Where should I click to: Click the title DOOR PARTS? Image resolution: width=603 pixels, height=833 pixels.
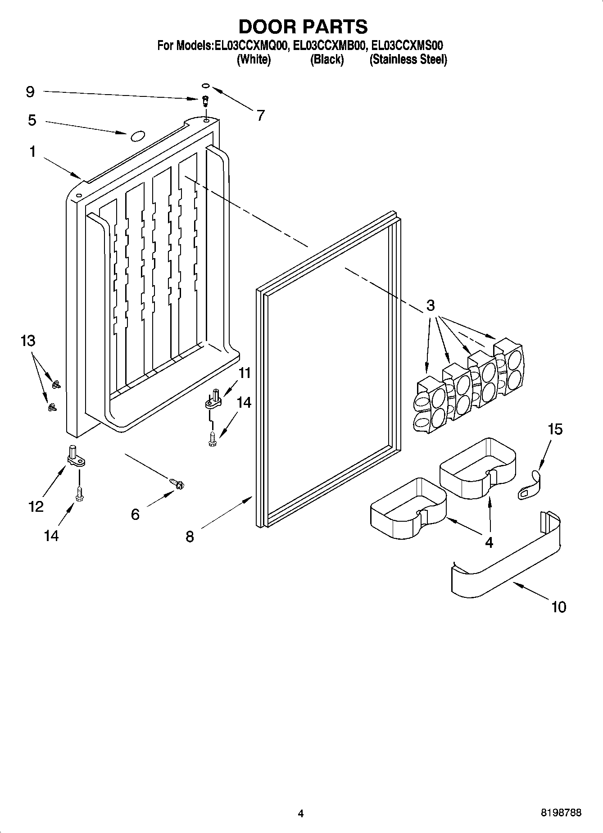(303, 27)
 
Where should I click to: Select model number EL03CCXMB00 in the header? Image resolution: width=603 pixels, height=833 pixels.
(328, 46)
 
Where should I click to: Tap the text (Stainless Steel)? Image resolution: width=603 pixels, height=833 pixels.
(408, 59)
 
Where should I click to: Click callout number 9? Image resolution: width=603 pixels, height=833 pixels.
(30, 92)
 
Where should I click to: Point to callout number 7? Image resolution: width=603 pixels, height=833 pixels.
(260, 115)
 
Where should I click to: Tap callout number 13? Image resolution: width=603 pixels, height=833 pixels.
(28, 341)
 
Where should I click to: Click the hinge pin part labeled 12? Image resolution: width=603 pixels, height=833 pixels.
(76, 455)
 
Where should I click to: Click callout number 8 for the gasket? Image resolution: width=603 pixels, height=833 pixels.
(190, 537)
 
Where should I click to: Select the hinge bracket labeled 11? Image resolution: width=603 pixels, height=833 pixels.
(212, 401)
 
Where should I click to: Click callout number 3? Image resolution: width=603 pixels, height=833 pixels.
(431, 305)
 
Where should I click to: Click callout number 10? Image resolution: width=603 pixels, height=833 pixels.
(558, 607)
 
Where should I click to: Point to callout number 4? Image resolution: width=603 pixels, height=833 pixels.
(489, 542)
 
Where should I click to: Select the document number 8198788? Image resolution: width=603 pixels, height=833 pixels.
(561, 813)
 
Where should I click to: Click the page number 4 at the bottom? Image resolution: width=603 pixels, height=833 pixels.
(301, 814)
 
